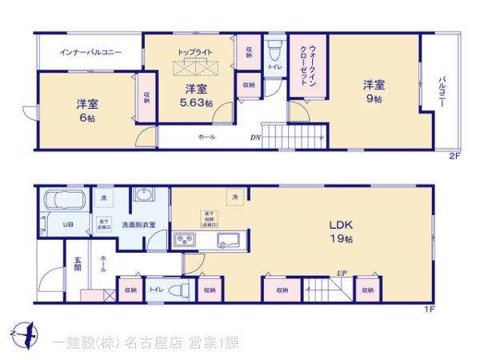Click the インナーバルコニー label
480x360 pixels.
[x=91, y=52]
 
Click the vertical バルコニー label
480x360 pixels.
[x=441, y=94]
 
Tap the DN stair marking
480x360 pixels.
[x=255, y=137]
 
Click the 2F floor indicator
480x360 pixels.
[x=454, y=155]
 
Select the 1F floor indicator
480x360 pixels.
[x=429, y=310]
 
